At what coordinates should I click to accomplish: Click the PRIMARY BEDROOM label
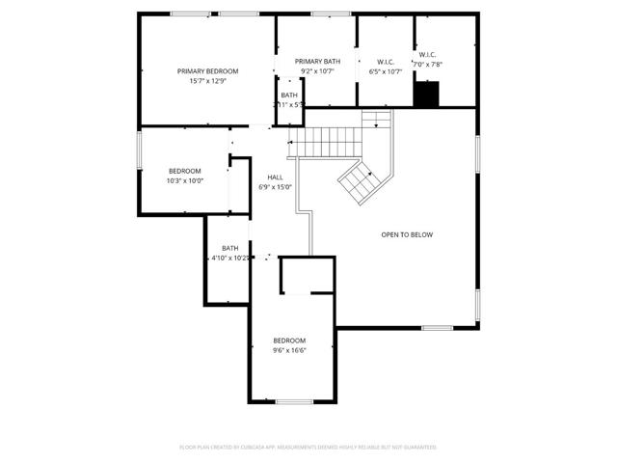click(x=207, y=70)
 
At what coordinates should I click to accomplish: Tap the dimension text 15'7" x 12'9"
click(x=207, y=81)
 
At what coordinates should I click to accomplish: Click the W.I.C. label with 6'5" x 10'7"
click(x=385, y=61)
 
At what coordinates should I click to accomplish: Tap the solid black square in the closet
click(x=426, y=95)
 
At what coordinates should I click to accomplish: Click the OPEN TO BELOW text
click(x=407, y=234)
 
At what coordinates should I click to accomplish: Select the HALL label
click(x=275, y=177)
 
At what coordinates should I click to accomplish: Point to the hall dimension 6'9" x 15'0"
click(x=275, y=188)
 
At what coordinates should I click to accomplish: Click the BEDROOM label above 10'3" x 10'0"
click(x=184, y=171)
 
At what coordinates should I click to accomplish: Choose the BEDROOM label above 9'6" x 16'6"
click(x=289, y=340)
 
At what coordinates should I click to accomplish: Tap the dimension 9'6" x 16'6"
click(x=289, y=351)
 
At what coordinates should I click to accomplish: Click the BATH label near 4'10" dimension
click(x=229, y=248)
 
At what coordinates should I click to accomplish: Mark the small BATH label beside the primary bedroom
click(x=289, y=95)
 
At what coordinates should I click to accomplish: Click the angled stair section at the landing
click(x=360, y=179)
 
